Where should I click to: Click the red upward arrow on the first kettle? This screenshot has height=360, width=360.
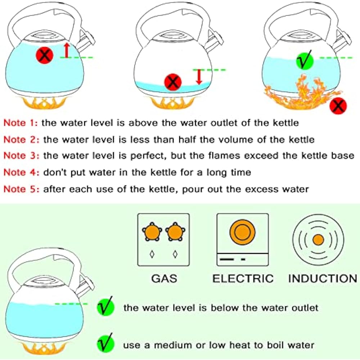pos(66,50)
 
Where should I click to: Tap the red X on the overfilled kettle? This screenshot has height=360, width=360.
pos(45,55)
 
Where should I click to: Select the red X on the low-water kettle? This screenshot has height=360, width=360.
pos(173,82)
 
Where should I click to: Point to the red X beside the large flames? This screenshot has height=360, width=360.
pos(338,105)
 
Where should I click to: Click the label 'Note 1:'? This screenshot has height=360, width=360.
pos(20,123)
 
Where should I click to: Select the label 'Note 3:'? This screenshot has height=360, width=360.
pos(20,156)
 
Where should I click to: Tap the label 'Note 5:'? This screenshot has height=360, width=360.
pos(20,189)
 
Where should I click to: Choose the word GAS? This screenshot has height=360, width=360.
pos(163,278)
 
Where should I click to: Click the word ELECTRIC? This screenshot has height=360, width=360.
pos(243,278)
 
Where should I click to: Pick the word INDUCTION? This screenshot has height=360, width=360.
pos(322,278)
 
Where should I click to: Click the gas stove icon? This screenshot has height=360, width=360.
pos(163,240)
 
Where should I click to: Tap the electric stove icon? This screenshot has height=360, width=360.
pos(243,240)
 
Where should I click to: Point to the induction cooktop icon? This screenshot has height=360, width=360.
pos(318,240)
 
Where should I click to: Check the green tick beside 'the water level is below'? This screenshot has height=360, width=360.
pos(105,307)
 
